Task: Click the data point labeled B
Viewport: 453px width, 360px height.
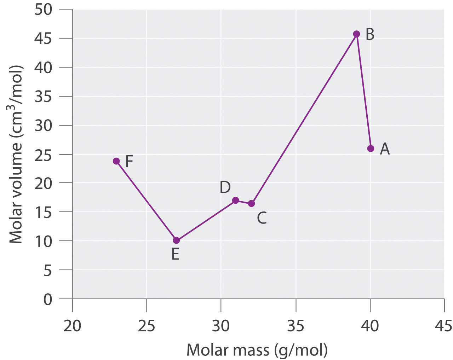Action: tap(356, 34)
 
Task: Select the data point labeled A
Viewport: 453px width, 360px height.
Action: tap(371, 149)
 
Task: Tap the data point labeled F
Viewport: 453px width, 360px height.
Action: tap(116, 161)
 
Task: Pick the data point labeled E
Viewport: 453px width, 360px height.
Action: tap(176, 240)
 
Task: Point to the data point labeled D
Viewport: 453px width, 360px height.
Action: tap(235, 201)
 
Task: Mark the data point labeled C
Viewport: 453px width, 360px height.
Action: tap(251, 203)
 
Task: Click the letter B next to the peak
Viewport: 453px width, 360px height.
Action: tap(370, 35)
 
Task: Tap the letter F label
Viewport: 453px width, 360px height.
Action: tap(129, 161)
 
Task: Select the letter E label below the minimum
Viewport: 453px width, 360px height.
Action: tap(175, 254)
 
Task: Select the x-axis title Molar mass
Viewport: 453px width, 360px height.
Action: tap(257, 350)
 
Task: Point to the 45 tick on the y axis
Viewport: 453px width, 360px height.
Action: tap(43, 38)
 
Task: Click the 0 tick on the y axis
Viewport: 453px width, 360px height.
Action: tap(48, 300)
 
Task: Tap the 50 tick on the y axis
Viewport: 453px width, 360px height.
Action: tap(43, 10)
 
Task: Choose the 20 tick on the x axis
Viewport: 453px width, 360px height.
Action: tap(72, 326)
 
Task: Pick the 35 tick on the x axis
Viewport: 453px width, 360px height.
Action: tap(296, 326)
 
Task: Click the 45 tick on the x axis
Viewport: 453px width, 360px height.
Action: tap(444, 326)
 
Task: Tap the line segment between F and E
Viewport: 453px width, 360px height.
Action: tap(146, 201)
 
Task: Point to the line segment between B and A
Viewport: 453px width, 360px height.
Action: tap(363, 91)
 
